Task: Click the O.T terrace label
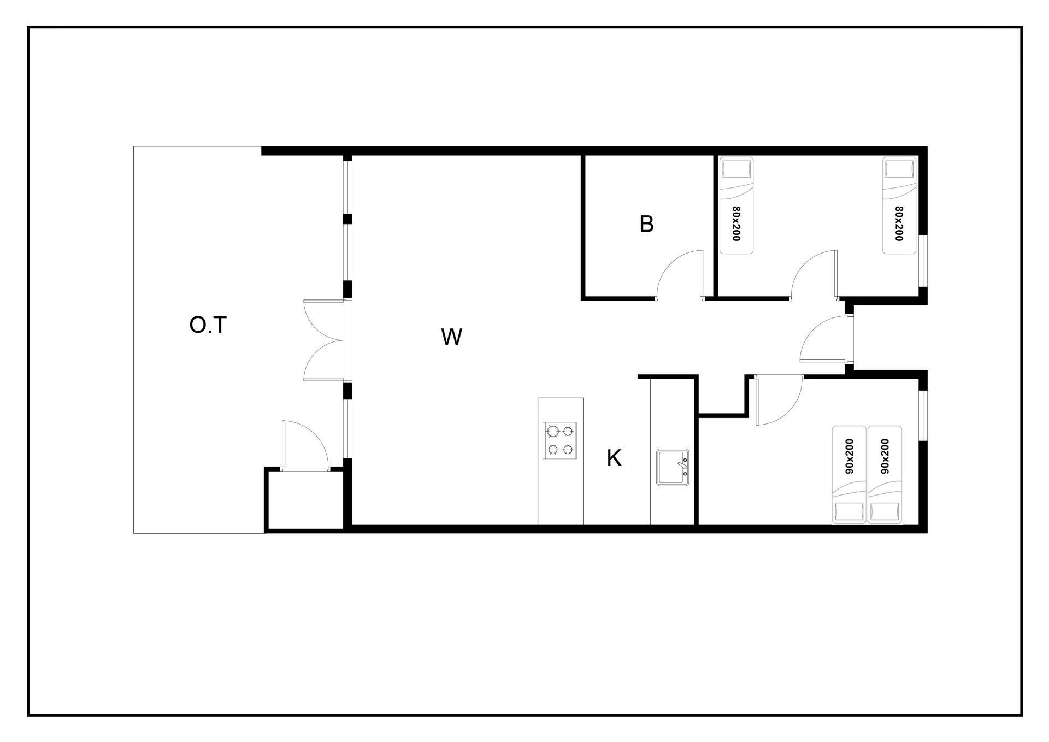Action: pyautogui.click(x=208, y=325)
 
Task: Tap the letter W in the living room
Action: pyautogui.click(x=452, y=337)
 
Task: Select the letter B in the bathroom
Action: pyautogui.click(x=646, y=224)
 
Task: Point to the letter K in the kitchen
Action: pyautogui.click(x=614, y=458)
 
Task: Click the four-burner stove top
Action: pyautogui.click(x=560, y=440)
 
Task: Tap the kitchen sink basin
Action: pyautogui.click(x=673, y=467)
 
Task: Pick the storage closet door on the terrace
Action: pyautogui.click(x=304, y=445)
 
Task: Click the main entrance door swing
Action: pyautogui.click(x=826, y=339)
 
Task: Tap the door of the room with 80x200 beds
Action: pyautogui.click(x=814, y=275)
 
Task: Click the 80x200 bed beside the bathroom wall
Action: pyautogui.click(x=736, y=205)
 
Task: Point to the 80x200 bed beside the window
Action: pyautogui.click(x=899, y=205)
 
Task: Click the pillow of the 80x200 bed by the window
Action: pyautogui.click(x=899, y=168)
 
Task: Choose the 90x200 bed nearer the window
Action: pyautogui.click(x=885, y=474)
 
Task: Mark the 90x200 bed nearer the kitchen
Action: pyautogui.click(x=849, y=474)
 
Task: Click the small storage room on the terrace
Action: pyautogui.click(x=304, y=499)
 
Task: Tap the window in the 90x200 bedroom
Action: pyautogui.click(x=923, y=415)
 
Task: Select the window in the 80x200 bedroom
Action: pyautogui.click(x=923, y=261)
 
